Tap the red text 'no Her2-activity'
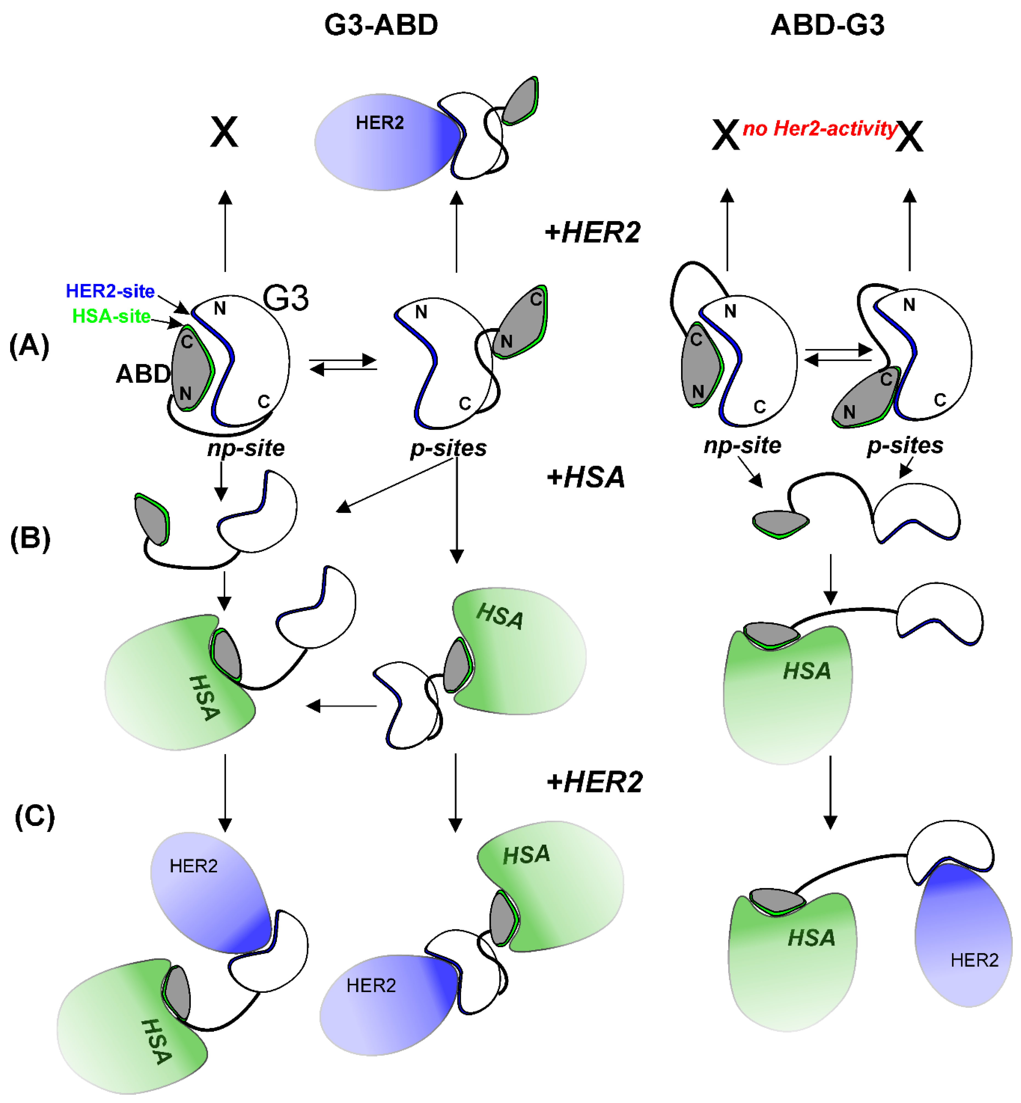[819, 129]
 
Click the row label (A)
[29, 346]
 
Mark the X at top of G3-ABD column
[224, 132]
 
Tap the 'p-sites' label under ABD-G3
[905, 445]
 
